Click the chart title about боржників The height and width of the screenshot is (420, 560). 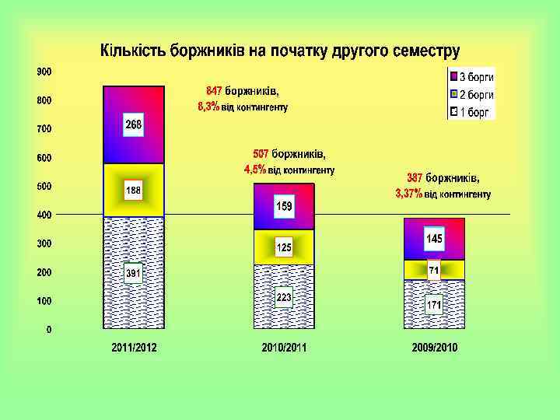(279, 52)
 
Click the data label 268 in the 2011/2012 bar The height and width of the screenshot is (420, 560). (134, 125)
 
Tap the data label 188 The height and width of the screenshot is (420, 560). (134, 191)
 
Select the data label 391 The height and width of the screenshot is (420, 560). (134, 274)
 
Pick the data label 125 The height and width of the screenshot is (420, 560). (284, 248)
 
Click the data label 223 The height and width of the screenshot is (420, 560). (284, 297)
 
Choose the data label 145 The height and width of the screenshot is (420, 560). (434, 237)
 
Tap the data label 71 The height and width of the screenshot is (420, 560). (434, 270)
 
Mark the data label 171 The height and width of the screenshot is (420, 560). (434, 306)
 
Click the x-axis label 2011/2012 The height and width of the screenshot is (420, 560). (134, 348)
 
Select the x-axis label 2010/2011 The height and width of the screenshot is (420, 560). (284, 348)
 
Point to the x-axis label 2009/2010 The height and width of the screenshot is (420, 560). (435, 348)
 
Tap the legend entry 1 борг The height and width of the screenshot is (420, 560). (474, 112)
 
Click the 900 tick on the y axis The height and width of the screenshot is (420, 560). (45, 72)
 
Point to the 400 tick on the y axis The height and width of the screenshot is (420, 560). (45, 215)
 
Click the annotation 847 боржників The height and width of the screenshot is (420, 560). (242, 91)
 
